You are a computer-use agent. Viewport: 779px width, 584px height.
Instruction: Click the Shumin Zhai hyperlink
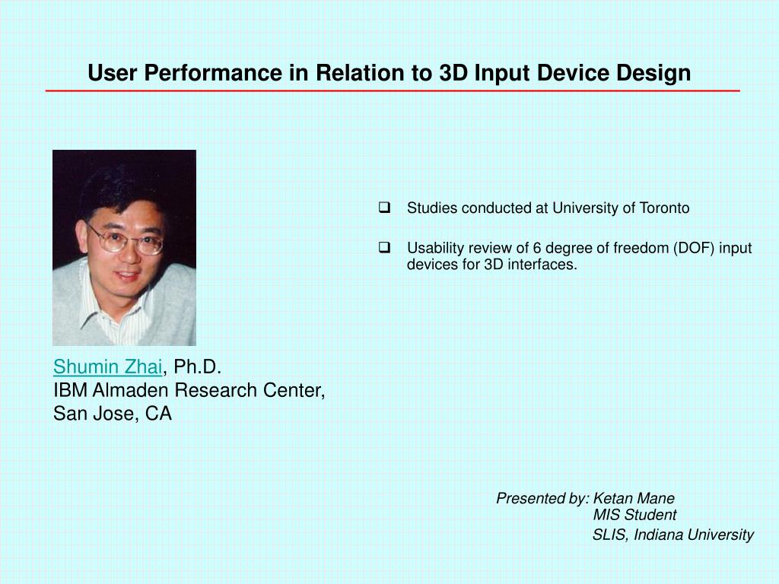pos(107,367)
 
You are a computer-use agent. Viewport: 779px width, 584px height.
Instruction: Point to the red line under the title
pos(392,90)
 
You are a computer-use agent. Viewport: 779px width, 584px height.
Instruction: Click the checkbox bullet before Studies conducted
pos(384,208)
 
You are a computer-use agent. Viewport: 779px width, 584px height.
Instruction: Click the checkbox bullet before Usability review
pos(384,247)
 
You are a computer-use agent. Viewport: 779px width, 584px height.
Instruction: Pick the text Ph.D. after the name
pos(197,367)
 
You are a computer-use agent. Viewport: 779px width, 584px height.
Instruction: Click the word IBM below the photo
pos(70,391)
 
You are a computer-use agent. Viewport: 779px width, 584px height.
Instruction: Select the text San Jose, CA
pos(112,414)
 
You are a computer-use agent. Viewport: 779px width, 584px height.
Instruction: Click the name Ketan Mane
pos(633,499)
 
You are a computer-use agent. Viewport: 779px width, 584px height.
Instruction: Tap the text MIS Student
pos(634,515)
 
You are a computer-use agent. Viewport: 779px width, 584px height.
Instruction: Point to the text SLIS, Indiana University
pos(672,535)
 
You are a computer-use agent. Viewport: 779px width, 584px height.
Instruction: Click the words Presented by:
pos(542,499)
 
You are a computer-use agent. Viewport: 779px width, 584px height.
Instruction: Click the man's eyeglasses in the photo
pos(126,239)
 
